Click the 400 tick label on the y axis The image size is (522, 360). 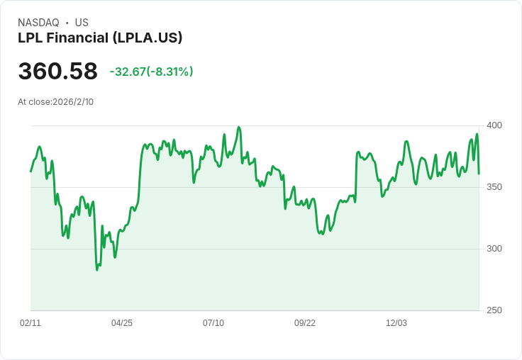tap(494, 125)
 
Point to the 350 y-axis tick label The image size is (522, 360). tap(494, 187)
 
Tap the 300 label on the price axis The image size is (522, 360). tap(494, 249)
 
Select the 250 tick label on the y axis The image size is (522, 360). tap(494, 310)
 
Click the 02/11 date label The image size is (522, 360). tap(30, 322)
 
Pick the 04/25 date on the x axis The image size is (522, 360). tap(122, 322)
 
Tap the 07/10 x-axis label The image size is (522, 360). tap(213, 322)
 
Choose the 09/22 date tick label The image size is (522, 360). tap(304, 322)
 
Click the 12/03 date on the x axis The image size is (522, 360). tap(396, 322)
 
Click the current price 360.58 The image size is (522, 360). tap(58, 71)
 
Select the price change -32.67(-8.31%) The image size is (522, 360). tap(151, 72)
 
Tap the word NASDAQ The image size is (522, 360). tap(38, 23)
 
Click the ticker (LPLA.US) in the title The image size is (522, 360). tap(148, 38)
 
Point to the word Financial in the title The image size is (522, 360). tap(77, 38)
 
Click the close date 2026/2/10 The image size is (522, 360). tap(73, 102)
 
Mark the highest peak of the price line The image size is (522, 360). tap(239, 127)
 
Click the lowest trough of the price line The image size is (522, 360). tap(97, 270)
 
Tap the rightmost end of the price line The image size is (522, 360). tap(479, 174)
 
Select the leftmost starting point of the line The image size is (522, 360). tap(30, 171)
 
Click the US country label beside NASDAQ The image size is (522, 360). tap(82, 23)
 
